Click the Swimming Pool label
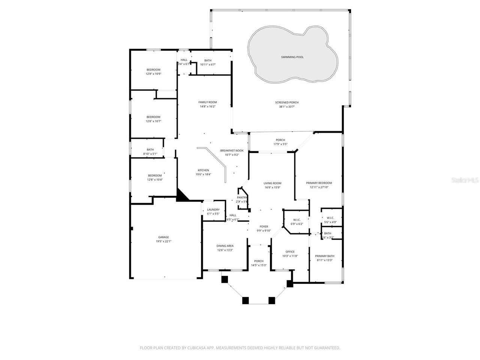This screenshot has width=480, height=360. pyautogui.click(x=292, y=57)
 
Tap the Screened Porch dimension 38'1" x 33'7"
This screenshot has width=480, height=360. pyautogui.click(x=287, y=107)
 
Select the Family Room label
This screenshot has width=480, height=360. pyautogui.click(x=207, y=102)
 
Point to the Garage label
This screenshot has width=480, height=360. pyautogui.click(x=163, y=237)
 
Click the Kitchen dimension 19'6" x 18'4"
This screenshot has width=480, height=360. pyautogui.click(x=203, y=174)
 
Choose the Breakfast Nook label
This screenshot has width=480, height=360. pyautogui.click(x=232, y=150)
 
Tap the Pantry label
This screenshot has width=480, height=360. pyautogui.click(x=242, y=198)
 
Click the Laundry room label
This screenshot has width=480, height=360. pyautogui.click(x=213, y=210)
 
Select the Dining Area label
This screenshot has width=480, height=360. pyautogui.click(x=225, y=246)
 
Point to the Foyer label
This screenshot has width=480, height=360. pyautogui.click(x=264, y=226)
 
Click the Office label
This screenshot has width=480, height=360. pyautogui.click(x=290, y=252)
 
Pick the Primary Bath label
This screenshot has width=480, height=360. pyautogui.click(x=324, y=256)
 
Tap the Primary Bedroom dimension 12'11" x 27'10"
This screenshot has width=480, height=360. pyautogui.click(x=319, y=187)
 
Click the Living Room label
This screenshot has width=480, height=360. pyautogui.click(x=272, y=183)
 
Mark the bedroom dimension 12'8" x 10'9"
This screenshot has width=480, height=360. pyautogui.click(x=153, y=74)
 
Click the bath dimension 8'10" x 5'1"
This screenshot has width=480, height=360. pyautogui.click(x=150, y=154)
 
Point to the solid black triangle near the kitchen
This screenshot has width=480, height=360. pyautogui.click(x=182, y=196)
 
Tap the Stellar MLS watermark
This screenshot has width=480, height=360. pyautogui.click(x=465, y=180)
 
